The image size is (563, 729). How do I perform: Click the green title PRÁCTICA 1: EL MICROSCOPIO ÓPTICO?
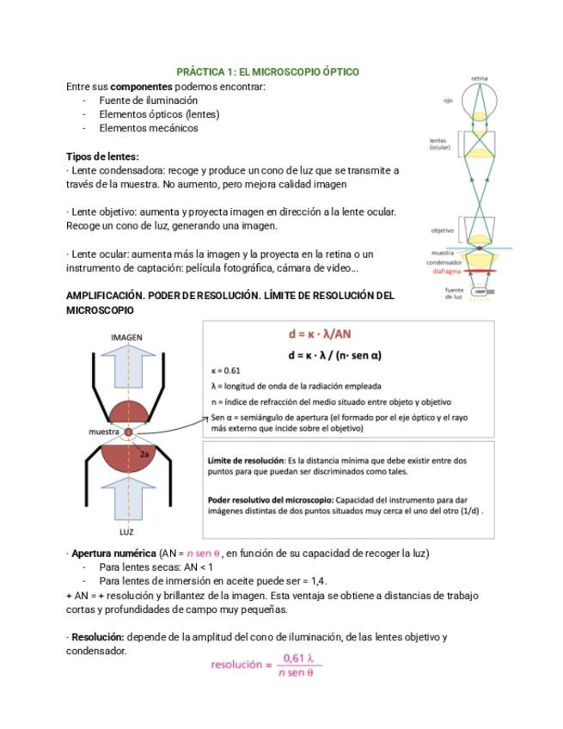pos(268,71)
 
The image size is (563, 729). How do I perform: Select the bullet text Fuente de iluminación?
pos(149,101)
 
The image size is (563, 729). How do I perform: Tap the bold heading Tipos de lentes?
pos(102,156)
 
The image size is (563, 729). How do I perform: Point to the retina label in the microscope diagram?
pos(480,78)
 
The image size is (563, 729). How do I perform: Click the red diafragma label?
pos(447,272)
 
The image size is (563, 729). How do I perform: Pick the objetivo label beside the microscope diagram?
pos(442,230)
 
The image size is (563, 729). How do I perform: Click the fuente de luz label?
pos(454,293)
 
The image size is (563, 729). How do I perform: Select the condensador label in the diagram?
pos(444,263)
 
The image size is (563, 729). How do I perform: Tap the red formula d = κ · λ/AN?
pos(320,334)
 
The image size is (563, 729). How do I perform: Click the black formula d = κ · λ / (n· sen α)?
pos(334,356)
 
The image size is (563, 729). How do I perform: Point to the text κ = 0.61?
pos(225,371)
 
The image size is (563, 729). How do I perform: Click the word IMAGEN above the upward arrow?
pos(126,338)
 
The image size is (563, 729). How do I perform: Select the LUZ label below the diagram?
pos(126,532)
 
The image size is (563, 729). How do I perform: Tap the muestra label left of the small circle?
pos(104,432)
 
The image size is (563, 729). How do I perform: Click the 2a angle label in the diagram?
pos(144,454)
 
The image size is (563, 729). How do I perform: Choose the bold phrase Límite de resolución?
pos(246,461)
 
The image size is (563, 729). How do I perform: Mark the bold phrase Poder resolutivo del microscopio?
pos(271,500)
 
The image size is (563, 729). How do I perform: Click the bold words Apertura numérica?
pos(113,554)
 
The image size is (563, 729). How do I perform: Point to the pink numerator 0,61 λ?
pos(298,659)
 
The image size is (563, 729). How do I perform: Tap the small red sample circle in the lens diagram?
pos(128,432)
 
